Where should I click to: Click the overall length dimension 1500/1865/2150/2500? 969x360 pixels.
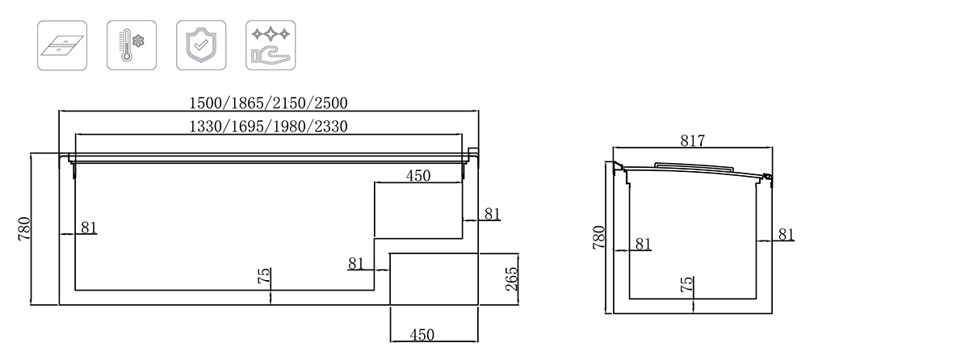268,103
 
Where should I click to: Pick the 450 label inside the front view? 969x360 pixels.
417,175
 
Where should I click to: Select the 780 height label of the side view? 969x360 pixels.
598,238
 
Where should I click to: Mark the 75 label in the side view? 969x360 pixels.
687,285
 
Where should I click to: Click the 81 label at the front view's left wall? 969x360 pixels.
88,228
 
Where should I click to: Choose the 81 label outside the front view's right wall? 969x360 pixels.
493,214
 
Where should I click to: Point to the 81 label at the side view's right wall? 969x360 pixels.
786,234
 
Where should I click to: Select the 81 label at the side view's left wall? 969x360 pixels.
643,243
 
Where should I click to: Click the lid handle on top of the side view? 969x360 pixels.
692,165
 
